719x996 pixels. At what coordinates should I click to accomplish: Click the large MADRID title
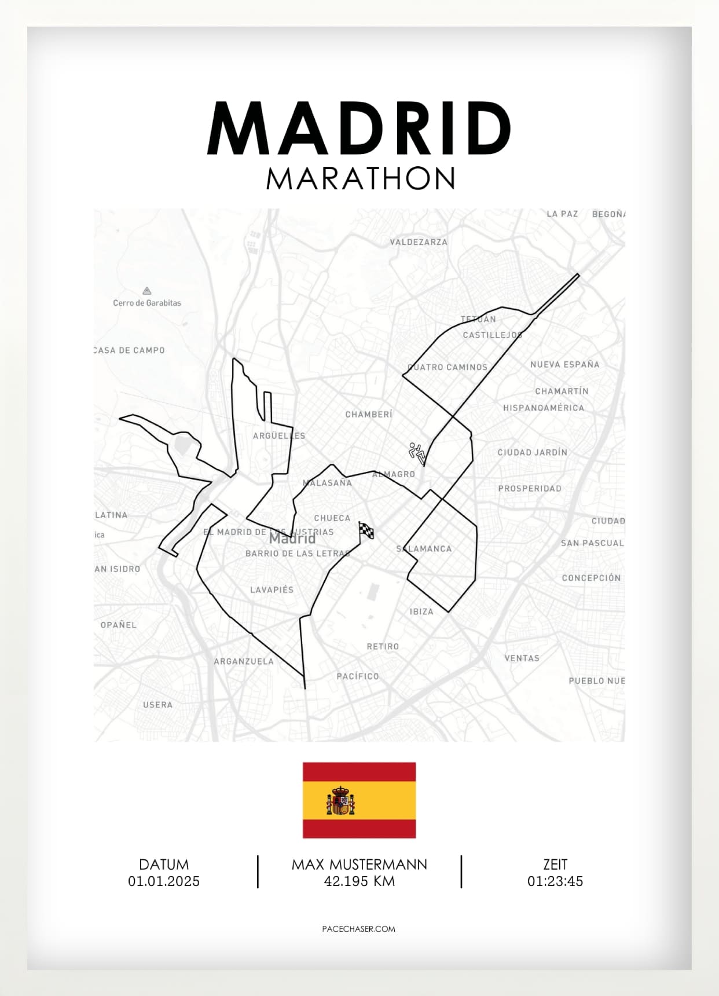click(359, 129)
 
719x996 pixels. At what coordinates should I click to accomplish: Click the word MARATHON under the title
click(360, 179)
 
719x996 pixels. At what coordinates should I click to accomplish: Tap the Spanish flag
click(359, 800)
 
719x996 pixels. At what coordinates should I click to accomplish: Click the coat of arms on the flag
click(340, 801)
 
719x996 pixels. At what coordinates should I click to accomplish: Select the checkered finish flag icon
click(366, 530)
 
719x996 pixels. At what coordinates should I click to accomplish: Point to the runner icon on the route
click(417, 452)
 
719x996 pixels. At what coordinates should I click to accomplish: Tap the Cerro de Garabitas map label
click(147, 303)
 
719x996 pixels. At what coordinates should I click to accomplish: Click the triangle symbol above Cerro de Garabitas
click(147, 291)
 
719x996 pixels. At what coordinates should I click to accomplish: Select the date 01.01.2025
click(164, 881)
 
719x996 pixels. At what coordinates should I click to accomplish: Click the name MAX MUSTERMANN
click(359, 865)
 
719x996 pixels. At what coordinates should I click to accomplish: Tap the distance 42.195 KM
click(359, 881)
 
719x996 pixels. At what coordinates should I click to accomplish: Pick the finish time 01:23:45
click(555, 881)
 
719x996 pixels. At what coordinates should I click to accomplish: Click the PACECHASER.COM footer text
click(359, 929)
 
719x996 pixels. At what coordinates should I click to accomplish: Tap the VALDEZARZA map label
click(419, 242)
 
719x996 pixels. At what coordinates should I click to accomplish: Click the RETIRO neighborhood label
click(383, 646)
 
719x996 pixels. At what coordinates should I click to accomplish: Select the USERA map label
click(157, 705)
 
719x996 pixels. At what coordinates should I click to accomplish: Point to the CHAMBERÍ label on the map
click(369, 415)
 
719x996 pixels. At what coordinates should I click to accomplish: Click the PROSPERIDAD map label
click(530, 488)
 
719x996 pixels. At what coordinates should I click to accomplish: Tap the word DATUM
click(164, 865)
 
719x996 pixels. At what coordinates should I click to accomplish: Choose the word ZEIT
click(555, 865)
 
